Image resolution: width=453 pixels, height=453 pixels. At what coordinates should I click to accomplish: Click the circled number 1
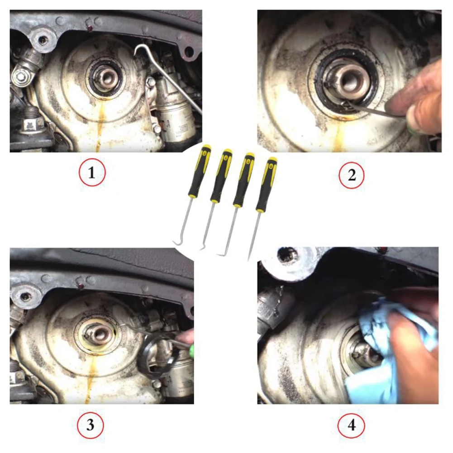[92, 172]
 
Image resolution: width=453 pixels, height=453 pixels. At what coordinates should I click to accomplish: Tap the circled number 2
[352, 175]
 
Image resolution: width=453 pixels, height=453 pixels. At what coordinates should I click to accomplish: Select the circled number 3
[90, 424]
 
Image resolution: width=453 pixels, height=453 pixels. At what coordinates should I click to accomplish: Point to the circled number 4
[351, 424]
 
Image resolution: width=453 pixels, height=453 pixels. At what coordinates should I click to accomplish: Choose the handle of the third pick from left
[244, 180]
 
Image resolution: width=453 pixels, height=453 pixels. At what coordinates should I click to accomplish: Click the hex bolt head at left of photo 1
[20, 76]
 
